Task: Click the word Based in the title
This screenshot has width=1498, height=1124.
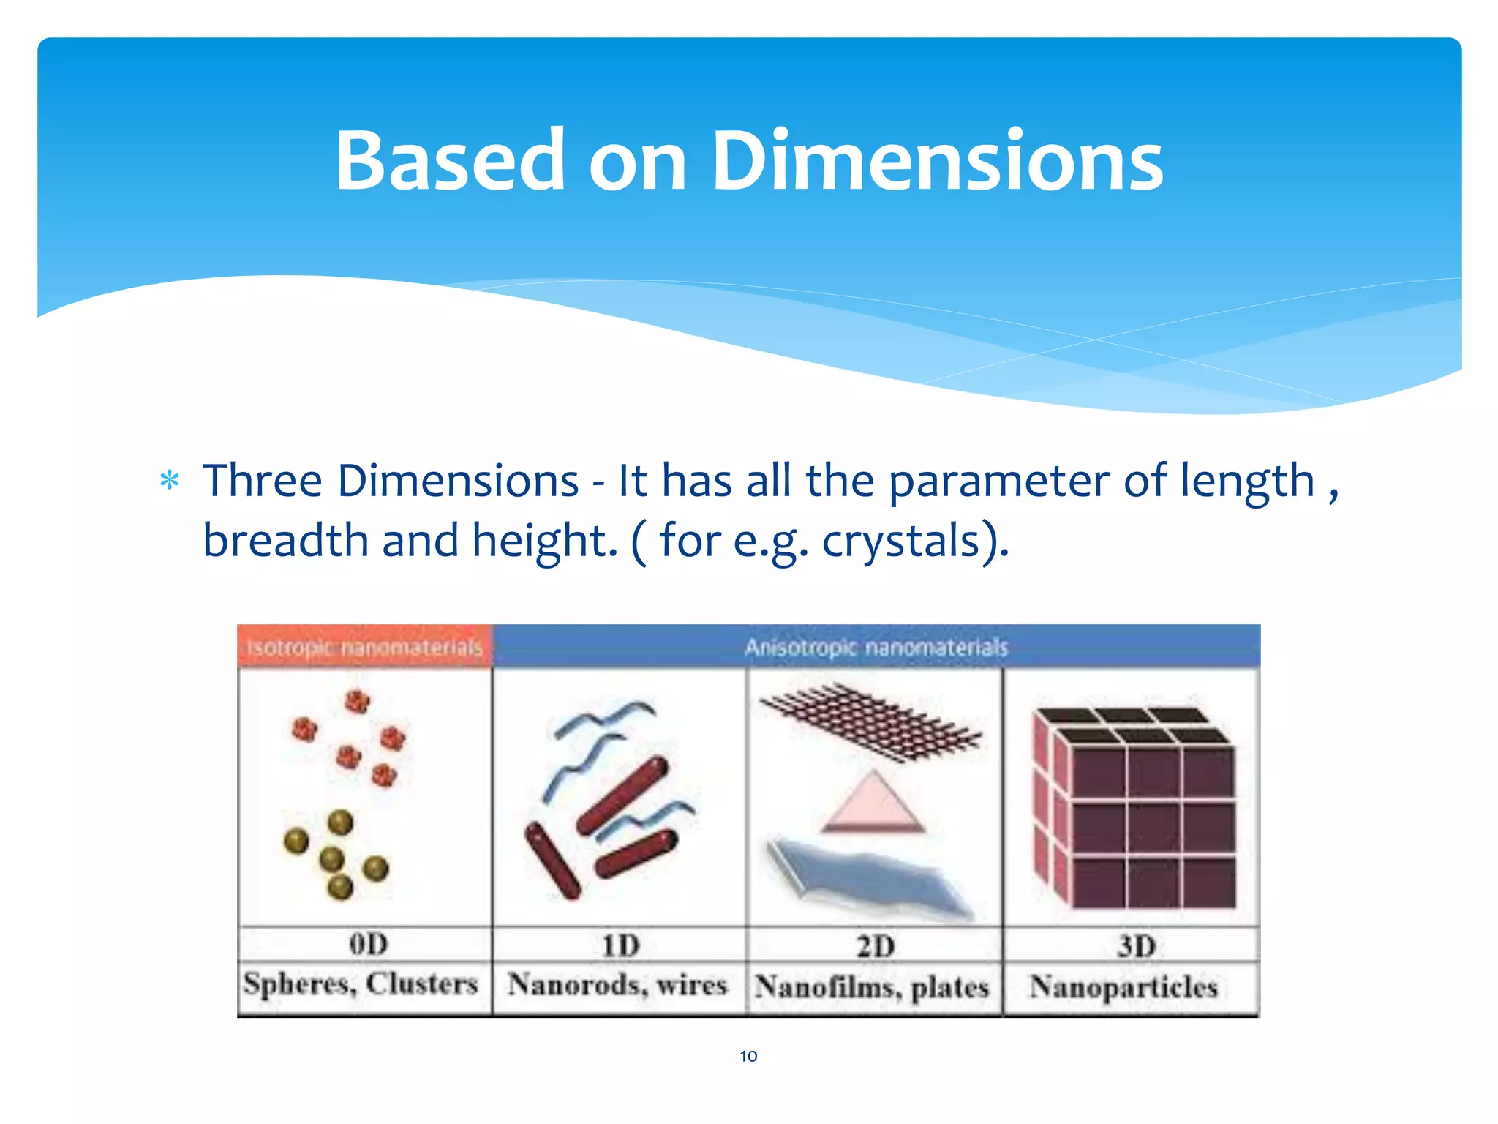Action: [x=450, y=161]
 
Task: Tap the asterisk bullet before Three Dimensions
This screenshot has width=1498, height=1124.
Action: [x=170, y=481]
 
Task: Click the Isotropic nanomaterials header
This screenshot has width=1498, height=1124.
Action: [x=365, y=648]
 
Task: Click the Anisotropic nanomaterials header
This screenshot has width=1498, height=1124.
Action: [x=876, y=648]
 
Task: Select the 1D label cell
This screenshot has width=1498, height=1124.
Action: [x=620, y=946]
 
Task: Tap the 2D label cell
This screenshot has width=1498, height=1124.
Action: [x=876, y=947]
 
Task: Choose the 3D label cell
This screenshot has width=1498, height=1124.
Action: [x=1136, y=947]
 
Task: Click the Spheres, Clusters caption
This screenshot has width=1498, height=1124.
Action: [x=361, y=984]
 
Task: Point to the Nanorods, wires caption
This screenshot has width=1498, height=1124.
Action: [x=618, y=985]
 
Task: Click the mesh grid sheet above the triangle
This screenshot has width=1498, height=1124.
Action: [x=870, y=721]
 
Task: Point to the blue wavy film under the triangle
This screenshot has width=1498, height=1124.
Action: [x=870, y=878]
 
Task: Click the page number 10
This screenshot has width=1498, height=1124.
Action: [x=748, y=1056]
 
